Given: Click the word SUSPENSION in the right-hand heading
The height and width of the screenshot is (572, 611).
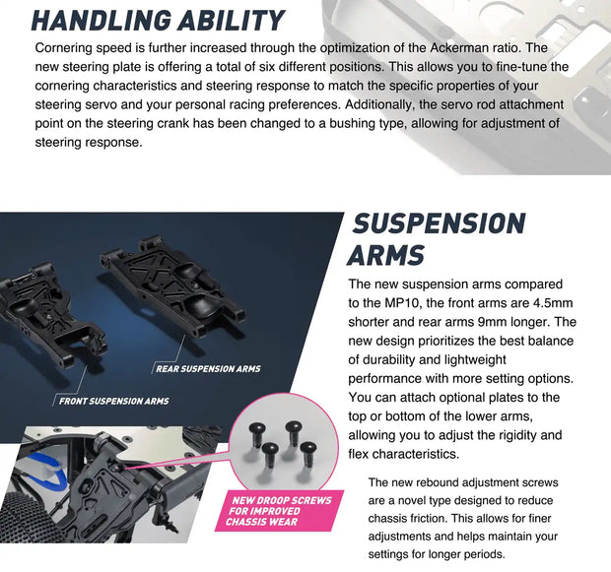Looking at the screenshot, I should (x=439, y=223).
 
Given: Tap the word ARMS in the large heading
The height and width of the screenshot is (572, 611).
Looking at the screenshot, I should (x=385, y=255).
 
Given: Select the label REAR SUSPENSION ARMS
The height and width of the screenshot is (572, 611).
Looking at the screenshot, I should (x=208, y=369).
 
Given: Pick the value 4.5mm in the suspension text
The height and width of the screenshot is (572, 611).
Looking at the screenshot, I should (x=553, y=303).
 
